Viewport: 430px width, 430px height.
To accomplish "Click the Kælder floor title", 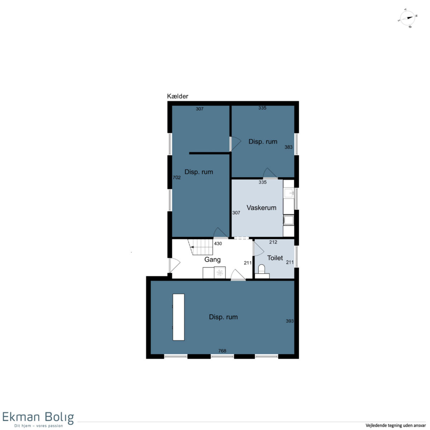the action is (178, 96).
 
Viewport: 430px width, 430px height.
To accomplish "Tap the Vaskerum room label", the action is (261, 208).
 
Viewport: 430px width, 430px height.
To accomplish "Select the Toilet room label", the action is (275, 258).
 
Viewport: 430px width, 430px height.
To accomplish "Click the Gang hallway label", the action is (212, 260).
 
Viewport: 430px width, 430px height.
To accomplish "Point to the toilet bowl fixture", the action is (261, 269).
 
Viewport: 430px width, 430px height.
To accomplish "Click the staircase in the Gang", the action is (200, 247).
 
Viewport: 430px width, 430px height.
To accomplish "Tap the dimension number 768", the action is (222, 351).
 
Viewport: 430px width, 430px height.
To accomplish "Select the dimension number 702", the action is (177, 178).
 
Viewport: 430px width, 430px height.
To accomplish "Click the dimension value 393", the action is (290, 321).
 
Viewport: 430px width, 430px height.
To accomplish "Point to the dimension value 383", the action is (288, 147).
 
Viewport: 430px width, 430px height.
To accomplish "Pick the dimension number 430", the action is (218, 244).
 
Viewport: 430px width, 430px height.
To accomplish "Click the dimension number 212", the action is (273, 242).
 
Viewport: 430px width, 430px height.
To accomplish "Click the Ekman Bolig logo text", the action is (38, 417).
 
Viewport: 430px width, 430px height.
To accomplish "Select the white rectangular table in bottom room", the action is (178, 317).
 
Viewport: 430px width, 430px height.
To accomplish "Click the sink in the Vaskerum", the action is (289, 193).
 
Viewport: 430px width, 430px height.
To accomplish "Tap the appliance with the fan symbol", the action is (220, 273).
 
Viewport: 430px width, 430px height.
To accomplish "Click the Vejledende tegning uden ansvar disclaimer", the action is (396, 425).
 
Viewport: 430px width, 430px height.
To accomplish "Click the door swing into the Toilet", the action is (258, 249).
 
